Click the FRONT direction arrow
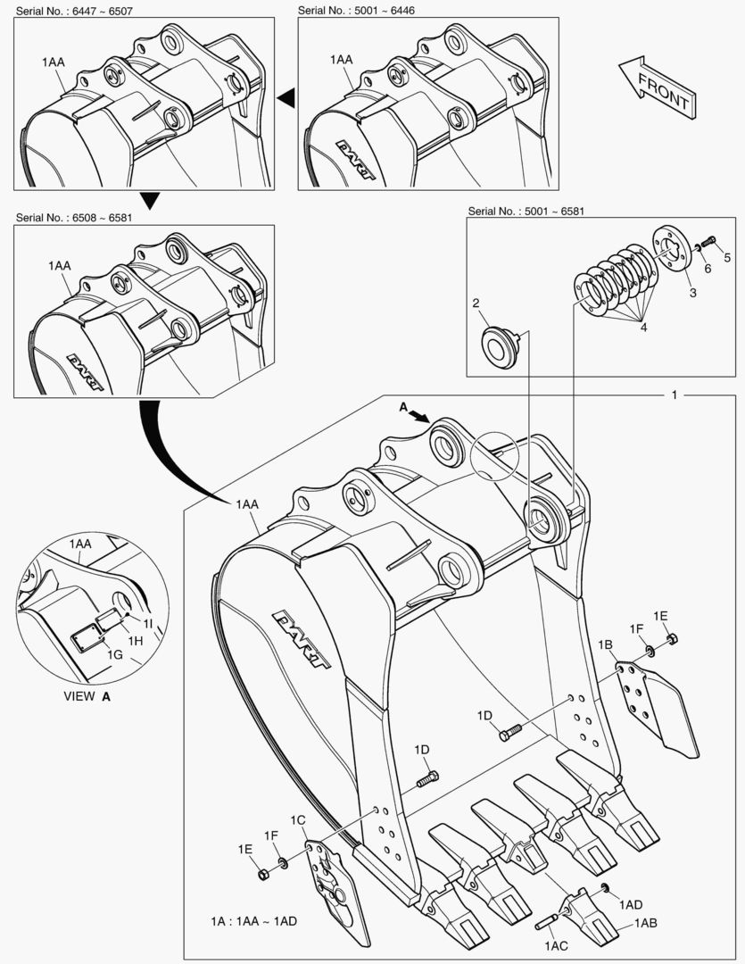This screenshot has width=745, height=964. [655, 87]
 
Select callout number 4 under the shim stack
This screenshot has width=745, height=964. [642, 328]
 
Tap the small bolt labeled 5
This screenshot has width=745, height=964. [709, 240]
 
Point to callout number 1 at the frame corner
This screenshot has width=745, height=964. [675, 394]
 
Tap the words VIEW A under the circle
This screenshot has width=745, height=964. [87, 696]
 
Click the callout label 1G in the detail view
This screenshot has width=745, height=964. [115, 654]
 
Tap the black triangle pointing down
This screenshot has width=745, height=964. [150, 200]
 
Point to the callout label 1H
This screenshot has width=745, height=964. [135, 641]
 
